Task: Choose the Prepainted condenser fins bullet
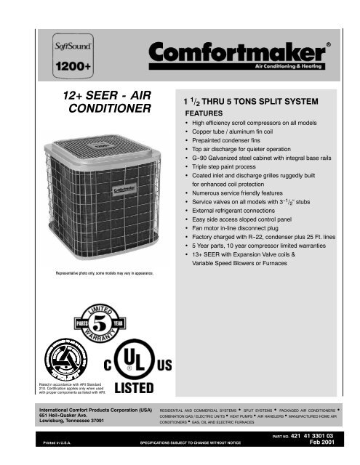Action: coord(233,146)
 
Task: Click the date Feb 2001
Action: coord(319,441)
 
